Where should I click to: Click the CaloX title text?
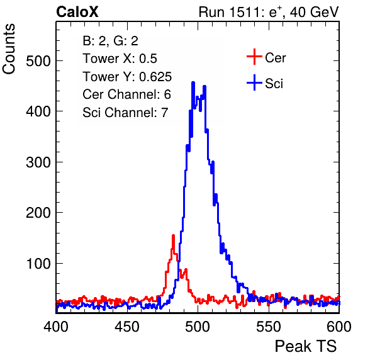point(77,12)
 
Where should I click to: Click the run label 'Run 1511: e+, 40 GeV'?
point(269,12)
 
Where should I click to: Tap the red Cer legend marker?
point(254,57)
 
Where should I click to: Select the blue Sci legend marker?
point(254,82)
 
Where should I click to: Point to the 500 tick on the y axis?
point(38,61)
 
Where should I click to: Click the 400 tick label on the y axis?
point(38,111)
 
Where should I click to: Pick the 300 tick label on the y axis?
point(38,162)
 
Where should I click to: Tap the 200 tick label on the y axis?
point(38,213)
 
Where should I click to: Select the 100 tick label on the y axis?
point(39,264)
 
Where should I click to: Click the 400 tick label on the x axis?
point(56,327)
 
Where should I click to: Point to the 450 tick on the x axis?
point(127,327)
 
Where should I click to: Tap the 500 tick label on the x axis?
point(198,327)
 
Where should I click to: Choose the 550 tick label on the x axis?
point(269,327)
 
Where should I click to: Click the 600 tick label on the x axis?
point(339,327)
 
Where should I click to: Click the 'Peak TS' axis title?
point(306,346)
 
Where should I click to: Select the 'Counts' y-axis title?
point(9,49)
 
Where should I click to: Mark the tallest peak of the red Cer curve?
point(174,235)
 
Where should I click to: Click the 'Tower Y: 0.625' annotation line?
point(127,77)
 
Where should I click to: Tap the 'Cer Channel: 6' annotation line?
point(126,94)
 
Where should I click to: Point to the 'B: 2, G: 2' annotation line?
point(110,41)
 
